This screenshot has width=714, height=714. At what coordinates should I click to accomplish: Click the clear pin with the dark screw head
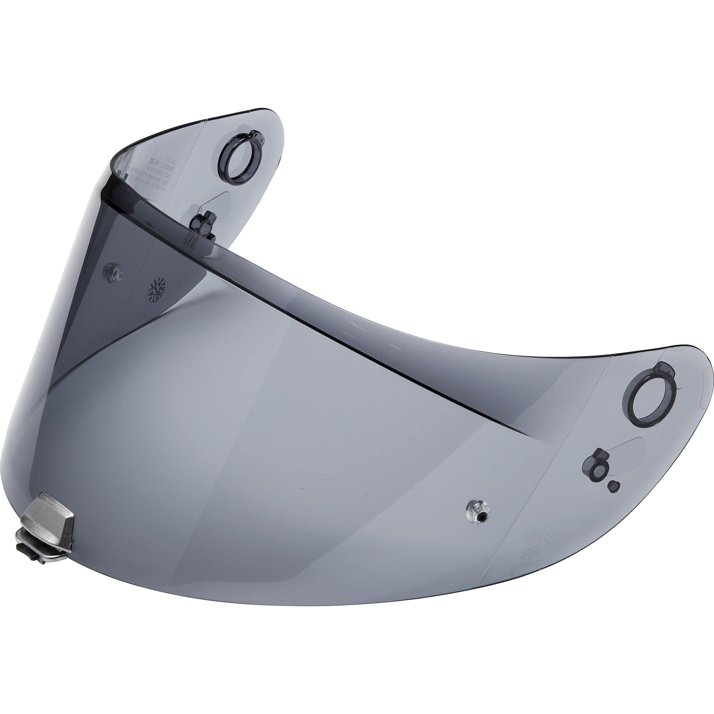[478, 512]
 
